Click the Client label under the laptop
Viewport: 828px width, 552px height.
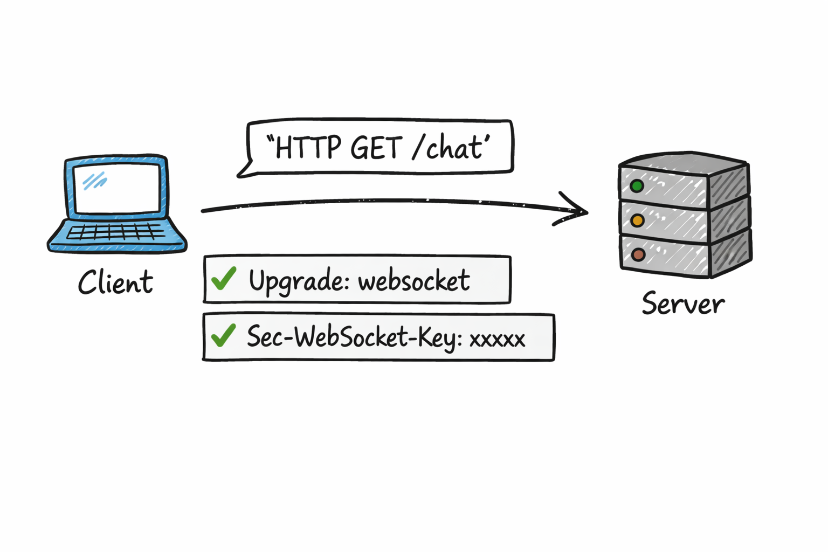click(115, 282)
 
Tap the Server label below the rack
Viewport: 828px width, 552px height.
click(683, 303)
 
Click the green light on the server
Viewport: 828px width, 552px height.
click(637, 187)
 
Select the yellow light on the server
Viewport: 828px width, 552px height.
click(637, 220)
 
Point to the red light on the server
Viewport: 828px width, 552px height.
click(638, 255)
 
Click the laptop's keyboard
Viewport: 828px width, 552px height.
click(116, 232)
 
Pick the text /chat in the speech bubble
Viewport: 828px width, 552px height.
click(447, 148)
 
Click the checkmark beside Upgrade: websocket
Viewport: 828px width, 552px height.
click(224, 278)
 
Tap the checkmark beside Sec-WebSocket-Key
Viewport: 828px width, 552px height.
click(223, 335)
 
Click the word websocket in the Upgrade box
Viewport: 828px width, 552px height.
click(413, 281)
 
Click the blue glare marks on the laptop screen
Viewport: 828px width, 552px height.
click(95, 181)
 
